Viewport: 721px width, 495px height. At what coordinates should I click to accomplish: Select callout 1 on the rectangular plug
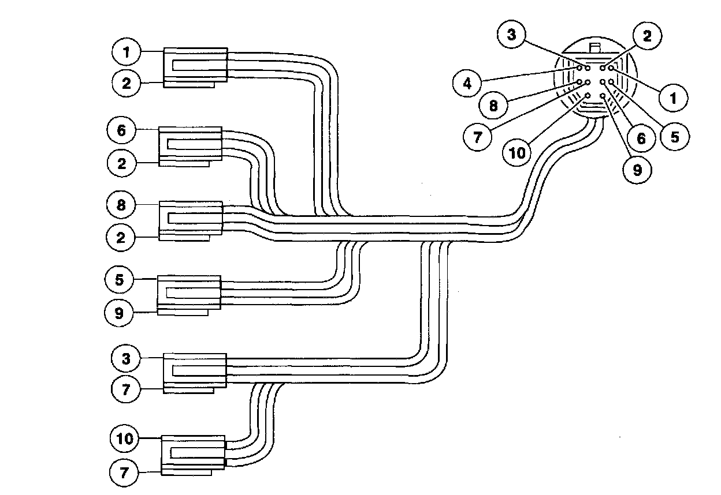click(x=125, y=52)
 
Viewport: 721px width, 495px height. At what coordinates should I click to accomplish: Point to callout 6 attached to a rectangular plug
click(x=121, y=131)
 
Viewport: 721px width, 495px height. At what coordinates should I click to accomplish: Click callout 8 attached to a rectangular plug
click(x=121, y=205)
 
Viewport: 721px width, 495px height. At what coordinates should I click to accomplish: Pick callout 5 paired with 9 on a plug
click(x=120, y=280)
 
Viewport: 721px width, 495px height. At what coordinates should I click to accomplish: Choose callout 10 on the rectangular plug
click(x=124, y=439)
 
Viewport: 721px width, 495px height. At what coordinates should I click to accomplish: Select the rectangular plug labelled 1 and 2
click(x=195, y=67)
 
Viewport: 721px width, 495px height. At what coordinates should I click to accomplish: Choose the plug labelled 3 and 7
click(x=195, y=373)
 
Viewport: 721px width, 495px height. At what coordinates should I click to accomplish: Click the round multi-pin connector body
click(x=595, y=81)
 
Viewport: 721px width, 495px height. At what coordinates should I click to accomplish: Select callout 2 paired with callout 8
click(x=121, y=237)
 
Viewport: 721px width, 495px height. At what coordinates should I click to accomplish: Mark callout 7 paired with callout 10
click(x=124, y=474)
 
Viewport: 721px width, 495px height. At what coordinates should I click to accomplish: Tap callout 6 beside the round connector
click(x=641, y=139)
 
